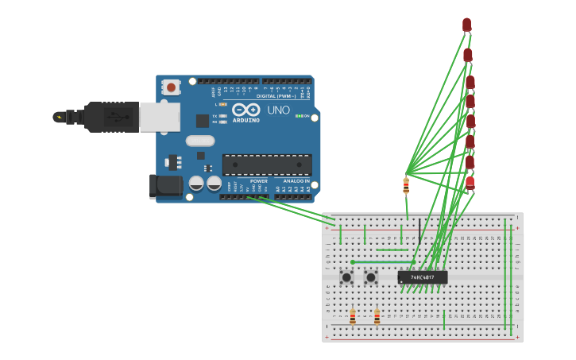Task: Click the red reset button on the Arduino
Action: point(170,87)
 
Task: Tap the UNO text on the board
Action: point(278,110)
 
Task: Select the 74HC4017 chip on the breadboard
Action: point(423,277)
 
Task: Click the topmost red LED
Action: point(466,25)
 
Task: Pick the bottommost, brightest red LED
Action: point(470,183)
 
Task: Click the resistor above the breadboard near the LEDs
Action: point(406,186)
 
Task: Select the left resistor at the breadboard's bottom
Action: point(353,317)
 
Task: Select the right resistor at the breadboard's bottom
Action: point(377,317)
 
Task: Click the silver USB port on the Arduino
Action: point(160,116)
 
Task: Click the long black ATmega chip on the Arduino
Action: point(267,165)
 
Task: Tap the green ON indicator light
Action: point(298,116)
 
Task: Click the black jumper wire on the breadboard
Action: point(419,230)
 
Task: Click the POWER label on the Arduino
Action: point(259,181)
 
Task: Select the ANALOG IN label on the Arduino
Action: point(296,181)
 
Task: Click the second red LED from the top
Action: point(468,55)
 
